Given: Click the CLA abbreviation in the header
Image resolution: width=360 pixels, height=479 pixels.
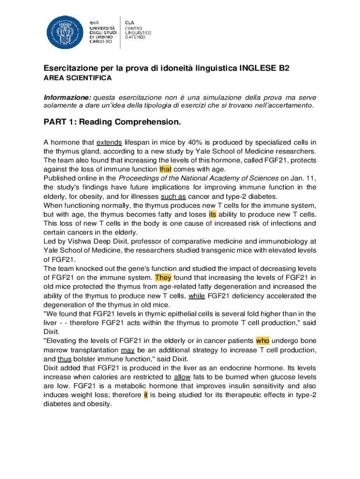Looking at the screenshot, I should point(129,22).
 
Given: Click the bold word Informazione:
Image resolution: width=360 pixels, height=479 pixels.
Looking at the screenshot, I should point(67,97).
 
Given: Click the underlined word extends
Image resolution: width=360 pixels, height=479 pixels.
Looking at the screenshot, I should point(109,143).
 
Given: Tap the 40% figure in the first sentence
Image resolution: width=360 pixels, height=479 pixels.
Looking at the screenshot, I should point(194,143).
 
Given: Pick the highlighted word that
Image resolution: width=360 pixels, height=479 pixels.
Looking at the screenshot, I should point(166,169).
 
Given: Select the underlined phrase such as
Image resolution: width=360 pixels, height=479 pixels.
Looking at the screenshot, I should point(173,196).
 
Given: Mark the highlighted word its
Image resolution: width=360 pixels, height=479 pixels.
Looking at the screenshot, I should point(212,214).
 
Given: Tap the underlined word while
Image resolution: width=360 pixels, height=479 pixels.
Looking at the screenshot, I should point(196,296).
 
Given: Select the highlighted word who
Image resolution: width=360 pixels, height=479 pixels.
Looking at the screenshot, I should point(262,341).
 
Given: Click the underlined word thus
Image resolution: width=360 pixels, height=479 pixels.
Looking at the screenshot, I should point(64,359).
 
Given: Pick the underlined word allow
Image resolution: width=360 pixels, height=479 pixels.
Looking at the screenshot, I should point(182,377).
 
